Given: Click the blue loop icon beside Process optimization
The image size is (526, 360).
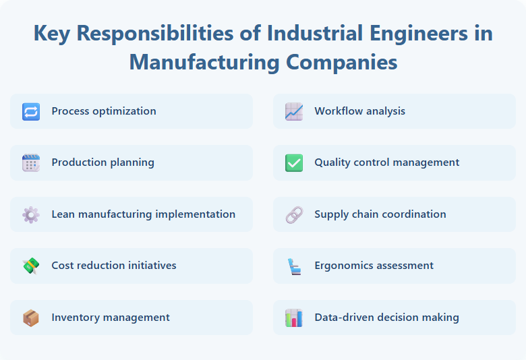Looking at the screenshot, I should tap(31, 111).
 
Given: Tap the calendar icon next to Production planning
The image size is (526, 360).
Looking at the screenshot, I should tap(31, 162).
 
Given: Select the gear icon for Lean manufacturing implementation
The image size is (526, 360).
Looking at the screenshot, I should tap(31, 214).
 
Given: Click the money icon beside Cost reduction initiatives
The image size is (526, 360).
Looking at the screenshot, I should tap(31, 266).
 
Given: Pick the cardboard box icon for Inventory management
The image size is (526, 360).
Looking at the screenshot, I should tap(31, 318).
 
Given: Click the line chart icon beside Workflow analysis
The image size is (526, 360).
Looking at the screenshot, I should tap(294, 111).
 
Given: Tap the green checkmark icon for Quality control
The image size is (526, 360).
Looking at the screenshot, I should tap(294, 162).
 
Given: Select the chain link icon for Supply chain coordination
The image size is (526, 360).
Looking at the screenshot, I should tap(294, 214).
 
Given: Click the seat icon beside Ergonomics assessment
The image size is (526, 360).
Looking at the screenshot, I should tap(294, 266).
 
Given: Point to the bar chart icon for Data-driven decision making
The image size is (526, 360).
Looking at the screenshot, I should tap(294, 318).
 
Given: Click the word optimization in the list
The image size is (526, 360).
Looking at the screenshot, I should tap(124, 111).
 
